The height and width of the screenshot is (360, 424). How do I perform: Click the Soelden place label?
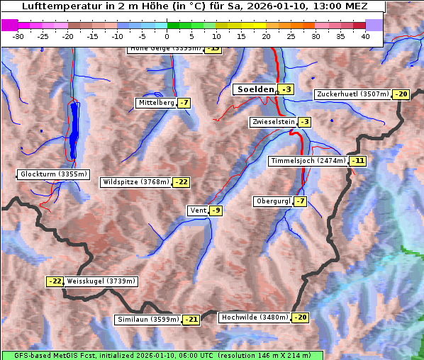pos(255,89)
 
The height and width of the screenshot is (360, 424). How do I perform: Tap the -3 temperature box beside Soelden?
pos(286,89)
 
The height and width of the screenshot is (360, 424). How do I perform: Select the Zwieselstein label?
pos(273,122)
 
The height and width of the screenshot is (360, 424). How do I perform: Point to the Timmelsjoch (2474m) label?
pos(308,161)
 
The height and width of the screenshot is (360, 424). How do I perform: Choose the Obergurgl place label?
pos(273,201)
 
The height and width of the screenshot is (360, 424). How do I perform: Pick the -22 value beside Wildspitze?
pos(182,182)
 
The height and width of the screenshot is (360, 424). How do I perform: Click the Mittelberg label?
pos(156,103)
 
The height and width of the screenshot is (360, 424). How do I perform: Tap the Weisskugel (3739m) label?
pos(101,281)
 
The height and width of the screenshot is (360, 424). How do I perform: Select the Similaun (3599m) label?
pos(148,320)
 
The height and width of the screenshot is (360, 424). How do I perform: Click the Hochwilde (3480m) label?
pos(255,317)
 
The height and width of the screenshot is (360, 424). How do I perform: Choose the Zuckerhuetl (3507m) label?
pos(353,94)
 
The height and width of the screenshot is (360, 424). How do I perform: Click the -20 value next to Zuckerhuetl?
pos(402,94)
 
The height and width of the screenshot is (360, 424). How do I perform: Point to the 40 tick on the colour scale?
pos(365,36)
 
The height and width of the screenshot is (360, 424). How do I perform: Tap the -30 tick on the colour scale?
pos(18,36)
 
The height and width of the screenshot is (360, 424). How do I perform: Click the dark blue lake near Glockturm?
pos(74,131)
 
